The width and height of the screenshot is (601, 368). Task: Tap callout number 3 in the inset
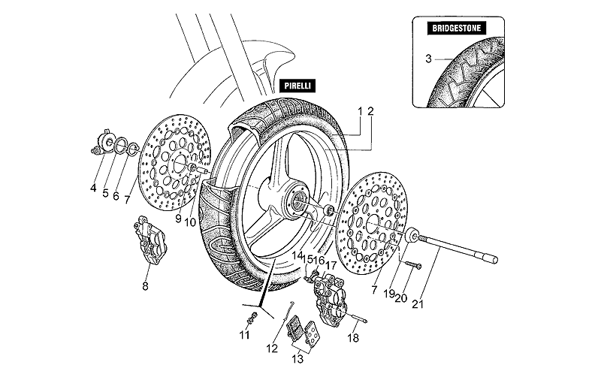pyautogui.click(x=428, y=58)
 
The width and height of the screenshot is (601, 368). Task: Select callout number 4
pyautogui.click(x=93, y=188)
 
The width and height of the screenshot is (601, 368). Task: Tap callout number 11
pyautogui.click(x=243, y=335)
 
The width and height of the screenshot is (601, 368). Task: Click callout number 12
pyautogui.click(x=272, y=348)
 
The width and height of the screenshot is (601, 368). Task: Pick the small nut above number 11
pyautogui.click(x=250, y=319)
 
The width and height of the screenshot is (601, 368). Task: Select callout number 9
pyautogui.click(x=179, y=219)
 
